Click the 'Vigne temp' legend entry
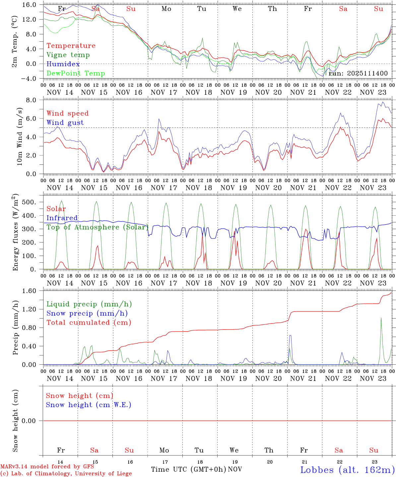[x=68, y=55]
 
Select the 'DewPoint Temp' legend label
[x=76, y=74]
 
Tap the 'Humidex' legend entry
[x=63, y=64]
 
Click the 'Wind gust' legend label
[x=65, y=123]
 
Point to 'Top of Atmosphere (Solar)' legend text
[x=97, y=227]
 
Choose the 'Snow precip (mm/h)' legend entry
[x=87, y=313]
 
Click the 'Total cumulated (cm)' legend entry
[x=89, y=323]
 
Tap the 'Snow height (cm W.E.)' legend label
[x=89, y=405]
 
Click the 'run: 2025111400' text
[x=358, y=74]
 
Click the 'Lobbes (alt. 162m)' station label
[x=347, y=470]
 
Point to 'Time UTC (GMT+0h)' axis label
[x=188, y=469]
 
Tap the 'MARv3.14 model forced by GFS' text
[x=47, y=467]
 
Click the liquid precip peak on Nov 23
[x=381, y=318]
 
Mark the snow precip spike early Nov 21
[x=290, y=336]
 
